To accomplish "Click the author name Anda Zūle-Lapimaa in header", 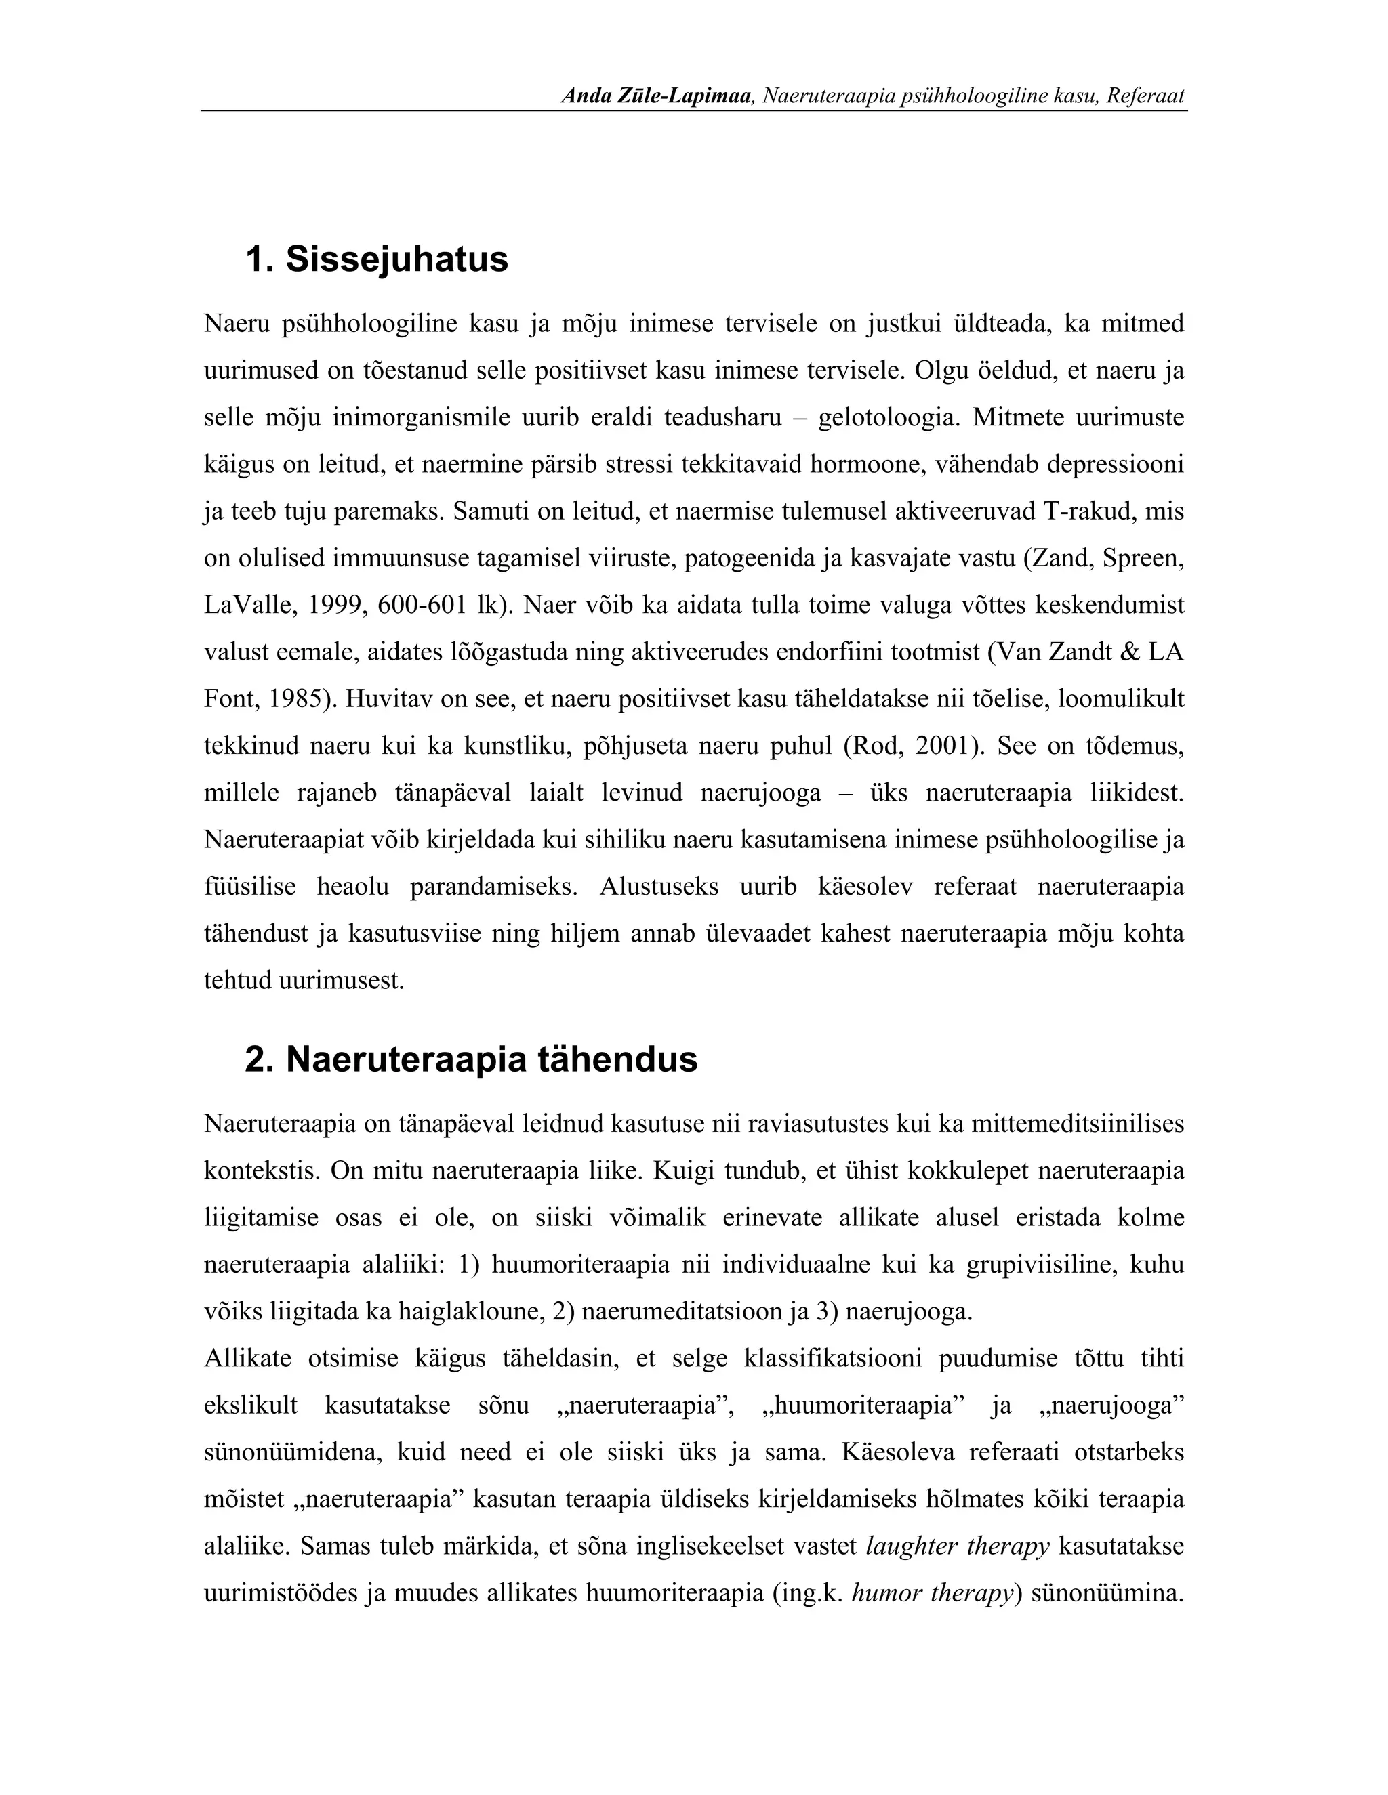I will click(x=657, y=96).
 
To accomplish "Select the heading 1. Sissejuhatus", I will click(x=377, y=259).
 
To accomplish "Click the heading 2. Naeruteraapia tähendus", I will click(x=471, y=1059).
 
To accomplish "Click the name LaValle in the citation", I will click(x=247, y=606).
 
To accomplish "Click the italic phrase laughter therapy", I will click(x=958, y=1547).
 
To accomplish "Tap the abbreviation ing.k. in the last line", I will click(x=809, y=1594).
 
